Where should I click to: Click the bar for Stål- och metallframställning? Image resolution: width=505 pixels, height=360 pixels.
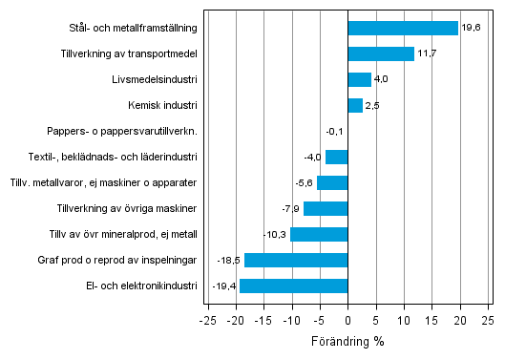[x=403, y=28]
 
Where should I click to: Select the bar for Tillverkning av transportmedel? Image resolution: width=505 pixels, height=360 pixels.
[x=381, y=53]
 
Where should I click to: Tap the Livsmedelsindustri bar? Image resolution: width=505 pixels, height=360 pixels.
[x=359, y=79]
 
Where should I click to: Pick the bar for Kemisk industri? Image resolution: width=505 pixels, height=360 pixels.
[x=355, y=105]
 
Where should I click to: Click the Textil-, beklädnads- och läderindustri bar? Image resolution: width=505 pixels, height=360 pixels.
[x=336, y=157]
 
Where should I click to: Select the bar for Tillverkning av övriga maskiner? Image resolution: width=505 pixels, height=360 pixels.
[x=326, y=208]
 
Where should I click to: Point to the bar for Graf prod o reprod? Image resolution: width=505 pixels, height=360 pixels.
[x=296, y=260]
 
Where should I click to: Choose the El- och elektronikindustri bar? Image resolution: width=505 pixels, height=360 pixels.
[x=293, y=286]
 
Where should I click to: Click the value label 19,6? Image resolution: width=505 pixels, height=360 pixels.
[x=471, y=28]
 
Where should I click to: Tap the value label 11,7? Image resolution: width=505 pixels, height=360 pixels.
[x=427, y=53]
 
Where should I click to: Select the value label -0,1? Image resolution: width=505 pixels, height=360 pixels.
[x=334, y=131]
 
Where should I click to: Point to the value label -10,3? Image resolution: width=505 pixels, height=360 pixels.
[x=275, y=234]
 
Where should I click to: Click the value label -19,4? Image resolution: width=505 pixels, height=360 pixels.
[x=224, y=286]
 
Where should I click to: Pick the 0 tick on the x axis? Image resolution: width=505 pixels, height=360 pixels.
[x=347, y=321]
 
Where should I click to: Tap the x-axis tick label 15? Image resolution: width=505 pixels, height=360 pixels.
[x=431, y=321]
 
